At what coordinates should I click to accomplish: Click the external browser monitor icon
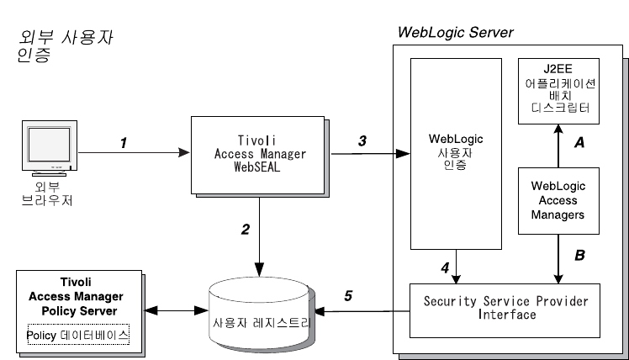coord(45,151)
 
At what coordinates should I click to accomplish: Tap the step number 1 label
coord(123,143)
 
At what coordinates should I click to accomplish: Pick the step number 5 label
coord(346,296)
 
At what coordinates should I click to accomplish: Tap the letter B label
coord(579,251)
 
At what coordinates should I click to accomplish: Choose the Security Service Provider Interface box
coord(505,308)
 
